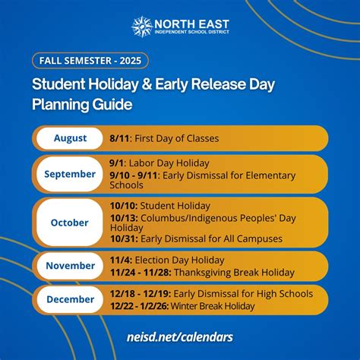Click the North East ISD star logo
point(142,27)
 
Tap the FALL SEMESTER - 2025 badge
point(90,60)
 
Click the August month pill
point(70,138)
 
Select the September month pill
point(70,174)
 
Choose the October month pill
point(70,223)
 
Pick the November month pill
point(70,266)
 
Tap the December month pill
point(70,299)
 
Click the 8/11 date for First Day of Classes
point(119,138)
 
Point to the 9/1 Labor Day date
point(116,163)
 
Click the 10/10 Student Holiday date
point(122,206)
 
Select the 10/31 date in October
point(122,238)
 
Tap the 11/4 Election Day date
point(119,261)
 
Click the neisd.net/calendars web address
point(180,336)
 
